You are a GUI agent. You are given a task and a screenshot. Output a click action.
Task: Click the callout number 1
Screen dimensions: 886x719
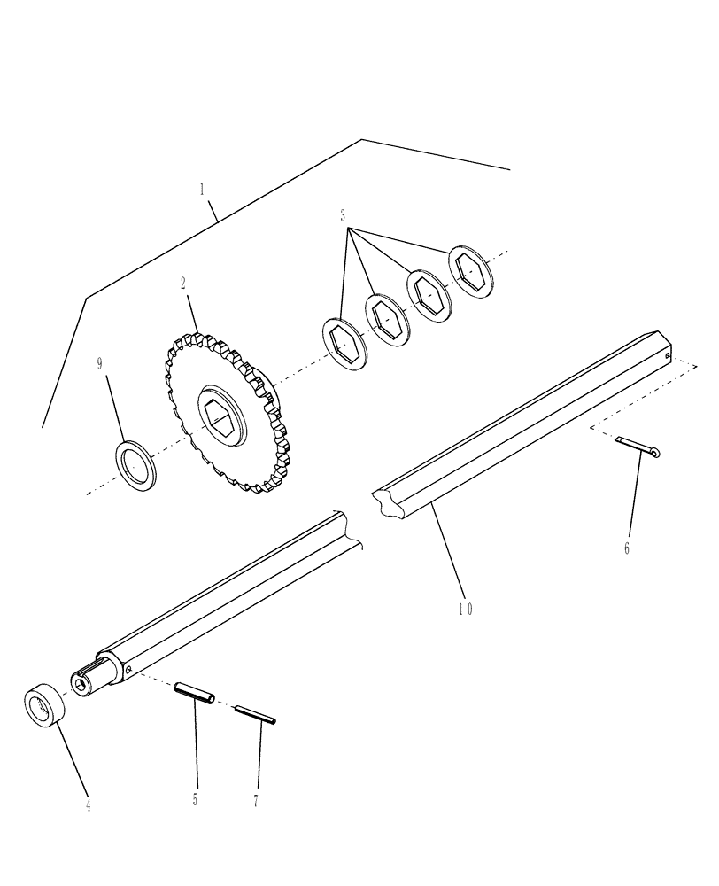click(203, 189)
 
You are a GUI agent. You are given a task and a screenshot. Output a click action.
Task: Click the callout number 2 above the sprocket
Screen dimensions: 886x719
click(182, 284)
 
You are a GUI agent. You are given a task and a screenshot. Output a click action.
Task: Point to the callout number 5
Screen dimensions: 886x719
click(196, 800)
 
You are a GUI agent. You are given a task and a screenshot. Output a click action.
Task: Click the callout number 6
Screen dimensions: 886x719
click(626, 548)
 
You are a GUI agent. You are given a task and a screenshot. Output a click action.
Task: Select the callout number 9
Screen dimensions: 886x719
click(100, 363)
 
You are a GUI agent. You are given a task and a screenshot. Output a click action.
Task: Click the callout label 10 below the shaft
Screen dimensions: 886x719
click(466, 609)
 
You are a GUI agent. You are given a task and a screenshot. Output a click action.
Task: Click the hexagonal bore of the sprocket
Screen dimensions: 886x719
click(220, 414)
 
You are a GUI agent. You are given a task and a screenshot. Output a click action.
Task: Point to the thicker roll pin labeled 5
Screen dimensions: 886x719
click(196, 693)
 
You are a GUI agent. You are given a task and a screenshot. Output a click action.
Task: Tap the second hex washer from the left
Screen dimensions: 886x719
click(385, 316)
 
